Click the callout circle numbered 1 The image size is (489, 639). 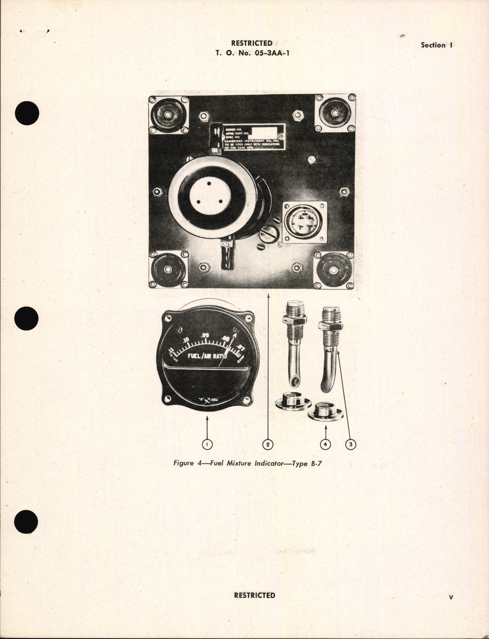point(207,444)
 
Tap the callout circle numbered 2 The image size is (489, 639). point(268,444)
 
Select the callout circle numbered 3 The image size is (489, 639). point(350,444)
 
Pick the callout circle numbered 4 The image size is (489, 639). point(325,444)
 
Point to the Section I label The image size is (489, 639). point(436,45)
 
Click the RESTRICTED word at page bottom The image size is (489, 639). point(254,595)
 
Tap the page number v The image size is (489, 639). point(451,597)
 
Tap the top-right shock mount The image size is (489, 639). point(335,114)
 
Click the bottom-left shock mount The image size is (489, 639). point(168,270)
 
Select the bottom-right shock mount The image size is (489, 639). point(333,271)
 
